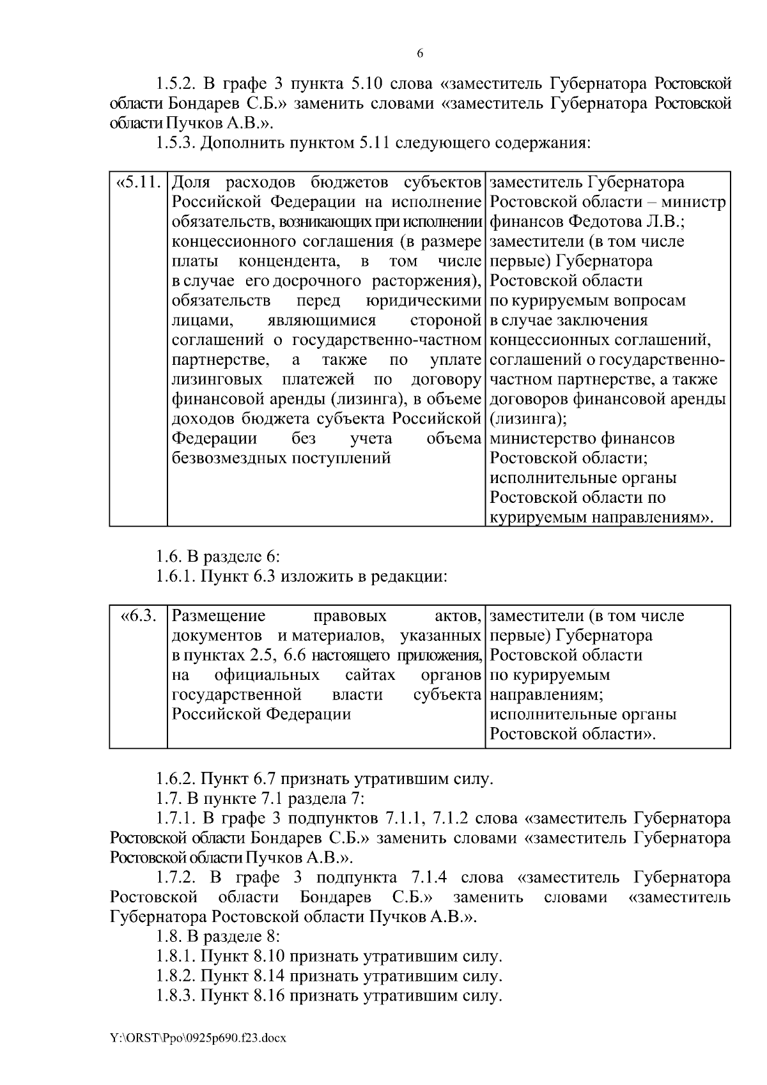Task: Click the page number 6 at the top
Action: tap(420, 54)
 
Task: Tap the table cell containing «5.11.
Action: tap(138, 183)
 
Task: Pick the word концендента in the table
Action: tap(288, 261)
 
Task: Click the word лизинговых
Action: tap(217, 380)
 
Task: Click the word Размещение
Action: tap(219, 617)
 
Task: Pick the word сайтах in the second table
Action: tap(370, 675)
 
